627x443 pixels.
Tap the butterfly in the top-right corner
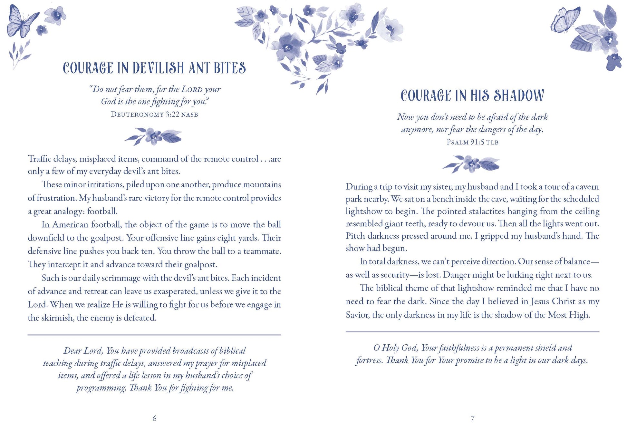click(565, 20)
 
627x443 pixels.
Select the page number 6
click(154, 418)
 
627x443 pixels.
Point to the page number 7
click(472, 418)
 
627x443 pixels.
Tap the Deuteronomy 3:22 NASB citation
click(154, 114)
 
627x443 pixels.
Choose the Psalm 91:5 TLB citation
click(472, 142)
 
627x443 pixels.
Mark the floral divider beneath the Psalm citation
click(471, 164)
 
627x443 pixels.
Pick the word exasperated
click(175, 291)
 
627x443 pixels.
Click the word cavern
click(587, 187)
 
